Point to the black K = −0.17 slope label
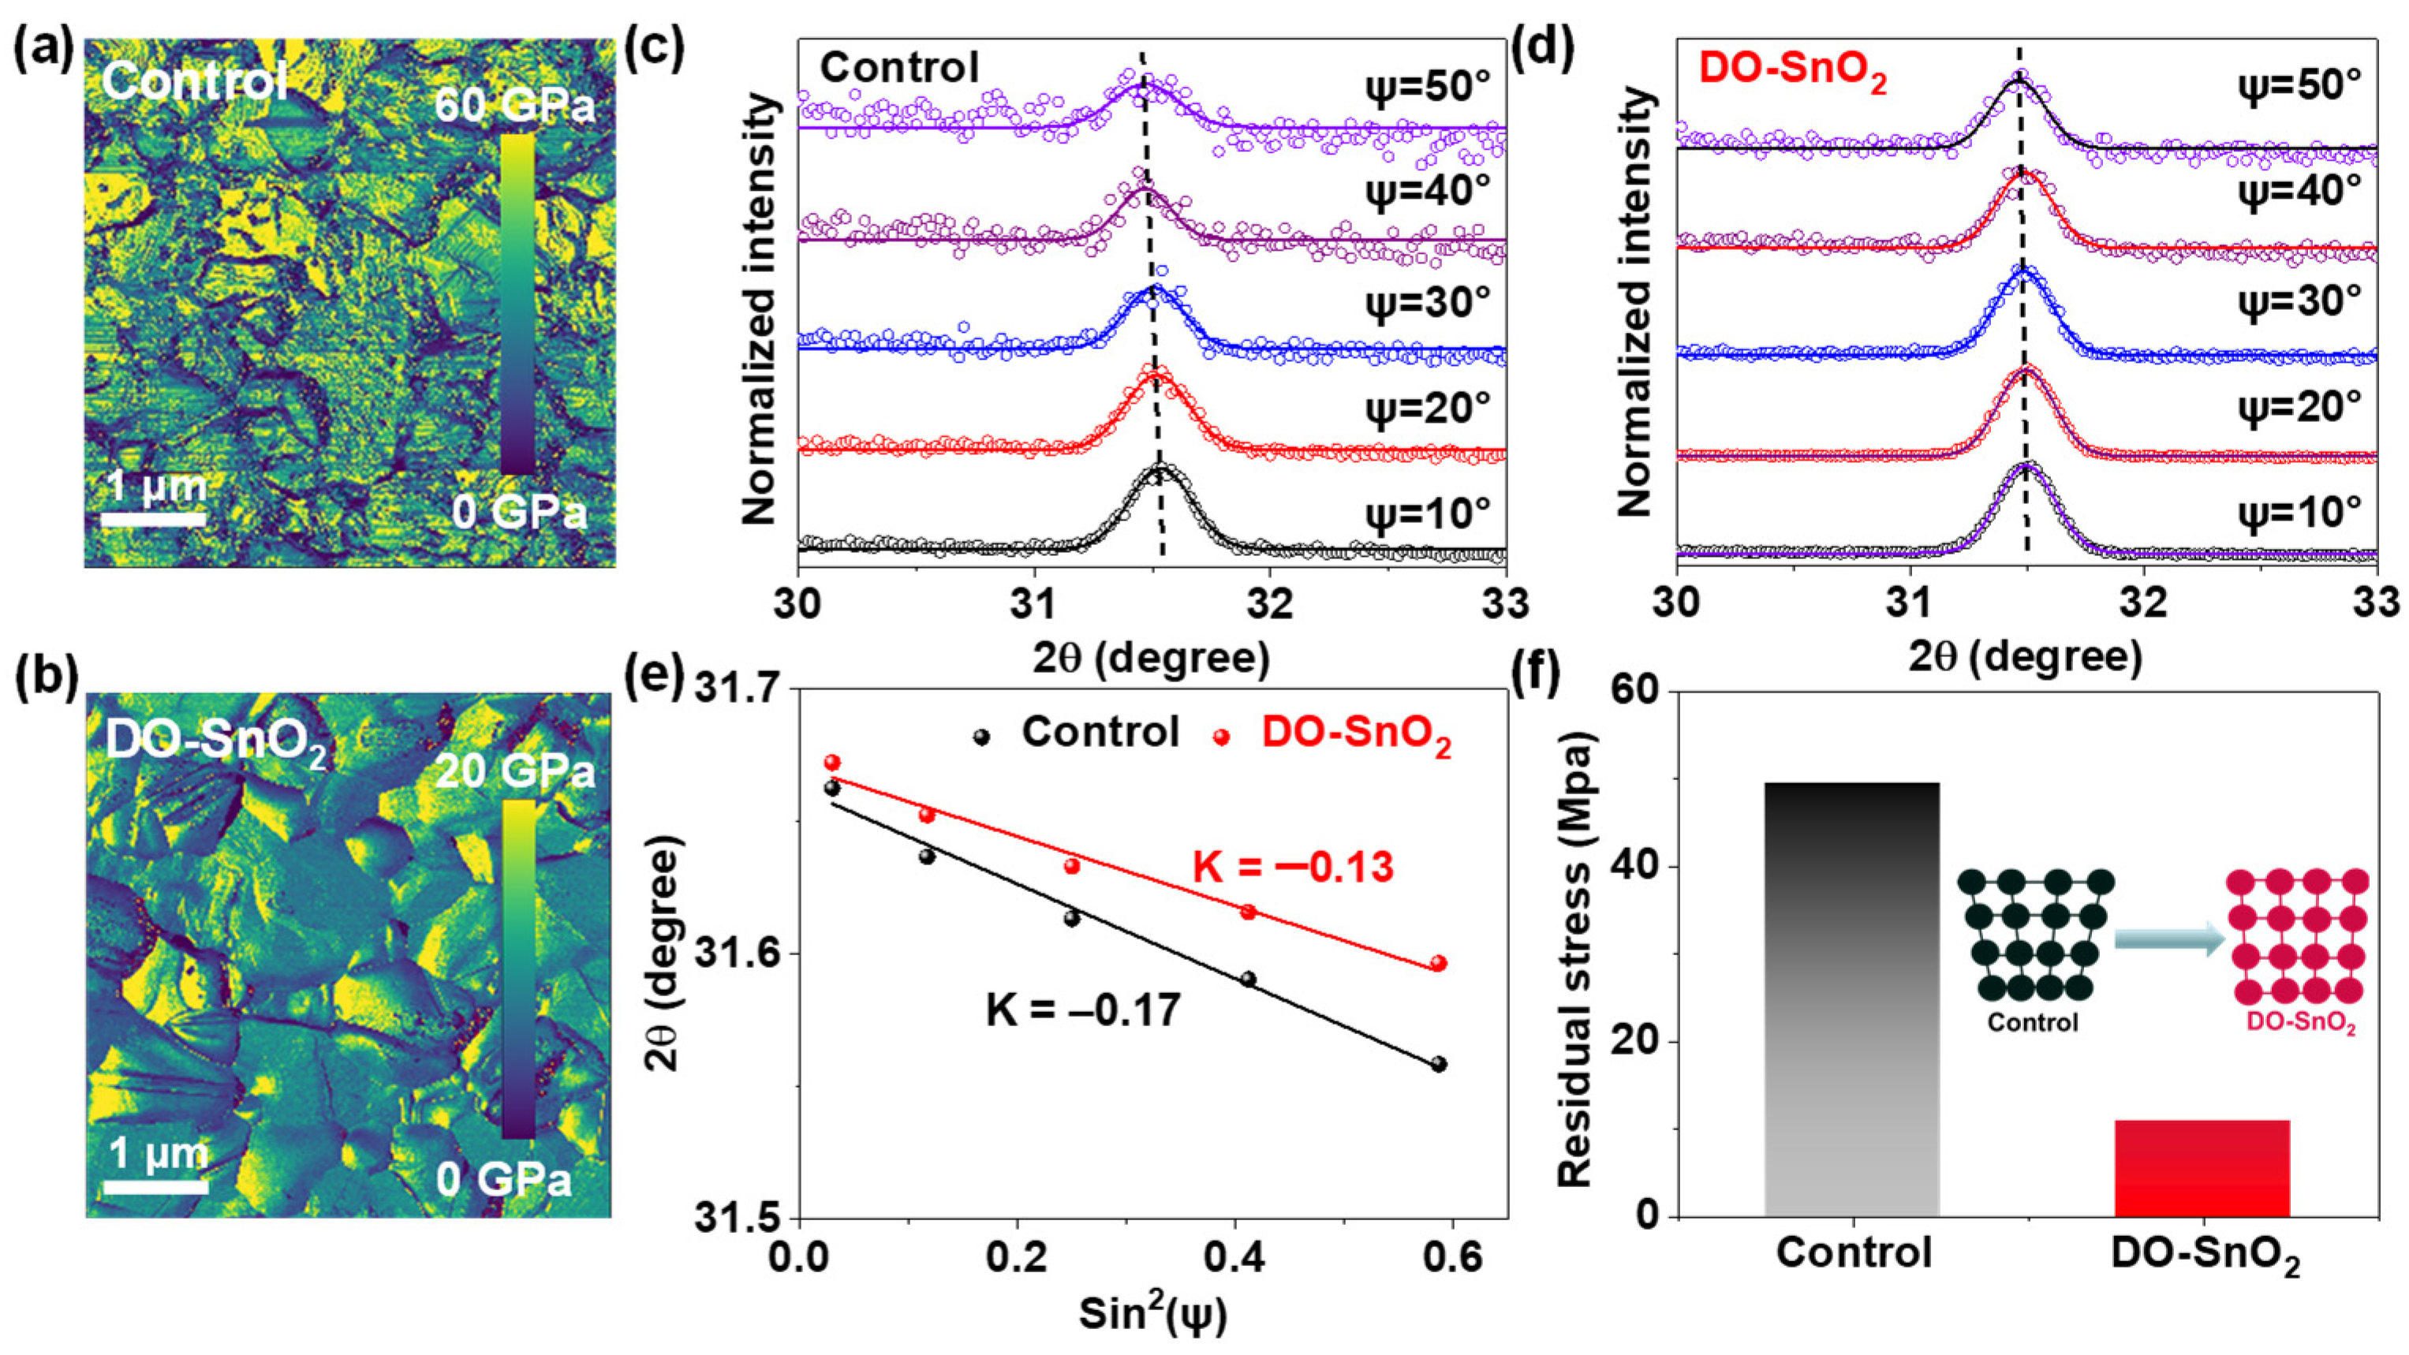click(x=1082, y=1011)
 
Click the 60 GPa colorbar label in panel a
click(x=514, y=107)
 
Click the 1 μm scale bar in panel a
click(x=153, y=517)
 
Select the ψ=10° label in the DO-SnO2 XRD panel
click(x=2299, y=512)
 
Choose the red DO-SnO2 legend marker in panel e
click(x=1221, y=737)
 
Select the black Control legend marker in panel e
click(x=981, y=737)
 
